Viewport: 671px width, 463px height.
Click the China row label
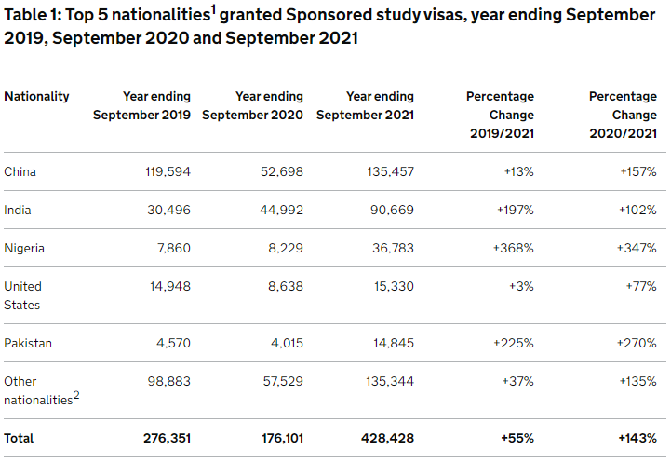(x=20, y=171)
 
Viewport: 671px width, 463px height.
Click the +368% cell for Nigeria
(x=513, y=248)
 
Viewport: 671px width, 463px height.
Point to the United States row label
(x=22, y=295)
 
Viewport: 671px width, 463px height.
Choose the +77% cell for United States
(x=641, y=286)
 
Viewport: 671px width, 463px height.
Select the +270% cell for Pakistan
(x=637, y=343)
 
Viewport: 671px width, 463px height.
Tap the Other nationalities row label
(x=37, y=390)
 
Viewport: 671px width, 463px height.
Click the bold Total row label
(x=20, y=438)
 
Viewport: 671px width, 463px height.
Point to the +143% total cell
(x=637, y=438)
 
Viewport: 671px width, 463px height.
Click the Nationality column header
(x=36, y=96)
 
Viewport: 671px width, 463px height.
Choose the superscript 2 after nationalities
(x=76, y=395)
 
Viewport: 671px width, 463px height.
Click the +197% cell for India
(x=514, y=210)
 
